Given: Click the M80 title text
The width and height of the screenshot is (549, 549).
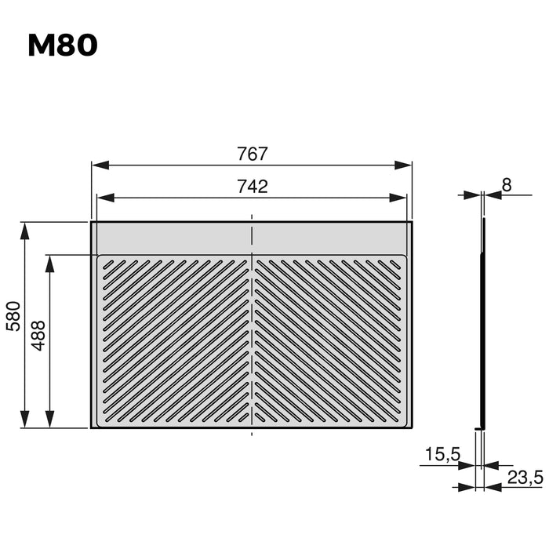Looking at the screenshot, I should (x=63, y=45).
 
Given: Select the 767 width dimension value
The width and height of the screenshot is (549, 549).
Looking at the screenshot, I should (x=253, y=154).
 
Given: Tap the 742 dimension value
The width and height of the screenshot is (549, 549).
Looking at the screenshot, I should (x=253, y=187).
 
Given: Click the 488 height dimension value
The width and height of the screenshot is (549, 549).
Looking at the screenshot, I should (x=38, y=335).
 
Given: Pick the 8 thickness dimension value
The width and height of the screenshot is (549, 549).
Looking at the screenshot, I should (x=506, y=184).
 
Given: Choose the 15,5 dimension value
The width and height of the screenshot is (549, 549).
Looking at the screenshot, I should (x=442, y=454).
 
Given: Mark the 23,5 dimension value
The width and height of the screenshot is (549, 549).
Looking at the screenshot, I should (x=525, y=476).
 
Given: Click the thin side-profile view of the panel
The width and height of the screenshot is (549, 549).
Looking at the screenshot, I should (x=483, y=322).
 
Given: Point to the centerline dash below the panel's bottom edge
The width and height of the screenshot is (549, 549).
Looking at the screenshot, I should (x=251, y=432).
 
